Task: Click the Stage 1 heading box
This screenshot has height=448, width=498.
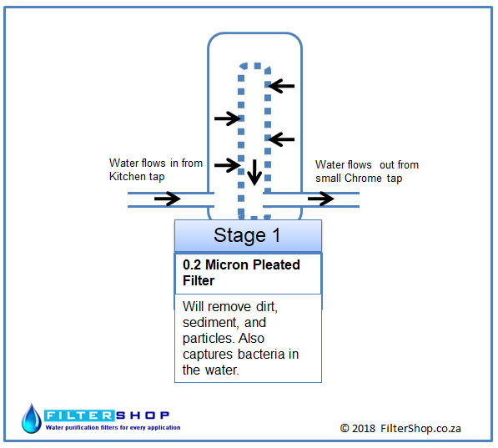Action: (x=248, y=236)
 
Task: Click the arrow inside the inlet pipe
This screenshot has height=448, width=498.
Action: (x=168, y=199)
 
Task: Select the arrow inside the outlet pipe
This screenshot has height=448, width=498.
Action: (x=321, y=199)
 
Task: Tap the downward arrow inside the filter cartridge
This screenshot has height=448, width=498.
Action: (x=254, y=173)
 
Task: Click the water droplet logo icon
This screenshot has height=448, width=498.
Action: (x=31, y=419)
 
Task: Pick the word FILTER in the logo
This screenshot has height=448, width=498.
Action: (x=79, y=415)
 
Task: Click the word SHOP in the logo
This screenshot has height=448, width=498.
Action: (x=143, y=415)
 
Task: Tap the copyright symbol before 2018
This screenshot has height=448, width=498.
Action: (x=345, y=428)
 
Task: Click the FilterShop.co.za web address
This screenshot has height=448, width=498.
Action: (x=420, y=428)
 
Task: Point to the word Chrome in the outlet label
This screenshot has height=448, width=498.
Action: (x=364, y=178)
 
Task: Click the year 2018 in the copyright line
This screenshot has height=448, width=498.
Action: (x=364, y=428)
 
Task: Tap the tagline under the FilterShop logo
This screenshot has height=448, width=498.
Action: (x=113, y=427)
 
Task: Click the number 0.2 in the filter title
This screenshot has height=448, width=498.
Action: (x=192, y=264)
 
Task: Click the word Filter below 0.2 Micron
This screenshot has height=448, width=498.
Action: (x=199, y=280)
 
